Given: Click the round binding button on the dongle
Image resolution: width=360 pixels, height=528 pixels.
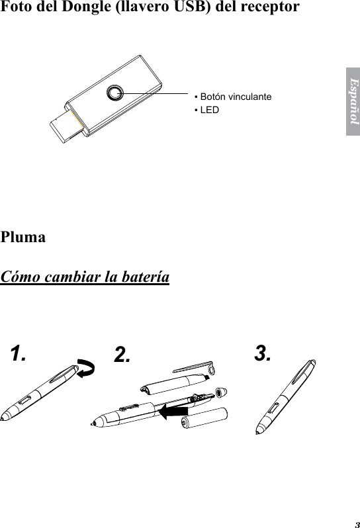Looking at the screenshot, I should pos(116,93).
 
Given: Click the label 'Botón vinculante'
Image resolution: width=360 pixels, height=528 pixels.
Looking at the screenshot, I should pos(235,97).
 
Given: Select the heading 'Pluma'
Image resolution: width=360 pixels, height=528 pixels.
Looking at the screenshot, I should pos(24,237).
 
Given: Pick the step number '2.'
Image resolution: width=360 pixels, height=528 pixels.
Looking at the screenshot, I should pos(121,355).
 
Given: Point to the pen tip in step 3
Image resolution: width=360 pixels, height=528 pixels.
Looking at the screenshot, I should pos(257,434).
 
